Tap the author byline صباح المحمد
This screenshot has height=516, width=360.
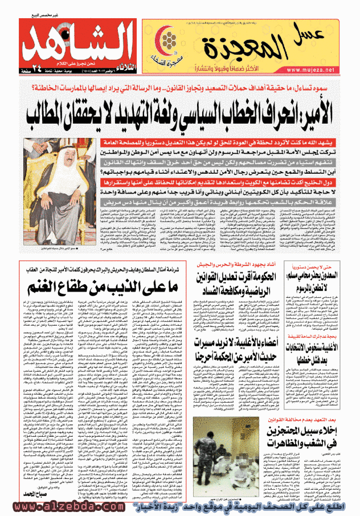click(40, 492)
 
